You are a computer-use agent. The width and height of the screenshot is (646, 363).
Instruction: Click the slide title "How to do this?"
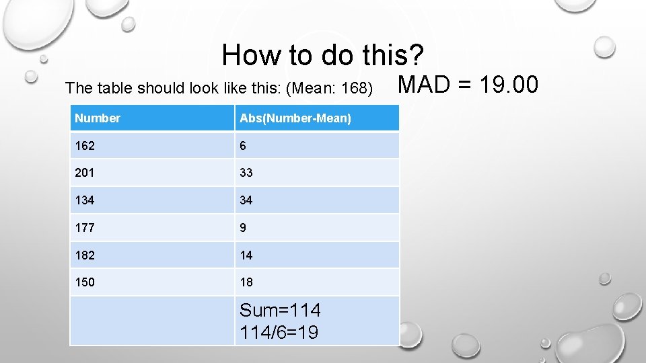coord(323,54)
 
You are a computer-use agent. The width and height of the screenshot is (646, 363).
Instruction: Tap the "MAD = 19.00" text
coord(468,85)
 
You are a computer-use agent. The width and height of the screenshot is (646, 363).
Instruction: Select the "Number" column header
coord(98,118)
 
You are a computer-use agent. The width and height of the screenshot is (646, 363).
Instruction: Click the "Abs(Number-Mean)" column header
coord(295,118)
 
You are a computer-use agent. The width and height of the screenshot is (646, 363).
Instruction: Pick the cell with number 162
coord(85,145)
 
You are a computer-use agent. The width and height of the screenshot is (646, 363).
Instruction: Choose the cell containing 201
coord(85,173)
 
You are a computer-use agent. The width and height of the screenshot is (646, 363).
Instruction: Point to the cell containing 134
coord(85,200)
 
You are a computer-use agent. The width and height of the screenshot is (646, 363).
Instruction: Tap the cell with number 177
coord(85,228)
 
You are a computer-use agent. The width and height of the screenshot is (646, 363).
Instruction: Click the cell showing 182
coord(85,255)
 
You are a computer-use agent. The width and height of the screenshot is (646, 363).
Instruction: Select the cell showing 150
coord(85,282)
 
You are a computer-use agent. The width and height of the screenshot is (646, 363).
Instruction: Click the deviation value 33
coord(246,173)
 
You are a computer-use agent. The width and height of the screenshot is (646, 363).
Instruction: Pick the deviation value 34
coord(246,200)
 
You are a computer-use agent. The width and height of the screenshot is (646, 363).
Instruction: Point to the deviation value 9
coord(243,228)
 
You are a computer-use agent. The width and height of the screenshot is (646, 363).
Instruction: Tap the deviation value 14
coord(246,255)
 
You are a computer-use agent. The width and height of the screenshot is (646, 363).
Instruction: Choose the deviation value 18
coord(246,282)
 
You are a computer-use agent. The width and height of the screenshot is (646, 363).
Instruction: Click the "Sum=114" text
coord(280,311)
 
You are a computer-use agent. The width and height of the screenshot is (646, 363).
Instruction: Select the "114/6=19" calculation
coord(279,332)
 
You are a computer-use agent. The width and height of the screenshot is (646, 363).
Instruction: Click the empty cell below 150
coord(152,321)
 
